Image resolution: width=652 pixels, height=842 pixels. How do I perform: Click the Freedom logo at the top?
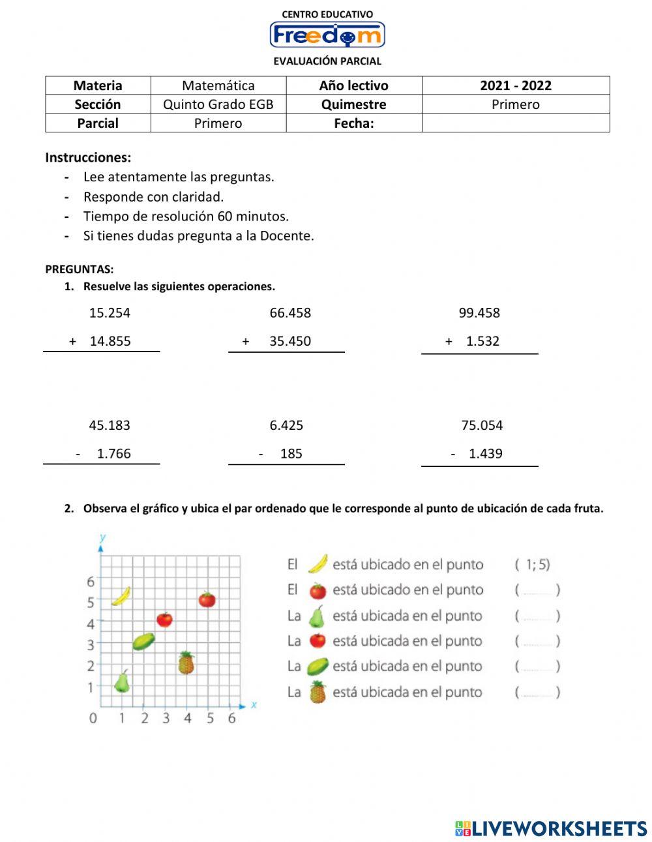point(327,35)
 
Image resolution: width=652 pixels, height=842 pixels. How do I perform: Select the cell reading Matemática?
point(218,85)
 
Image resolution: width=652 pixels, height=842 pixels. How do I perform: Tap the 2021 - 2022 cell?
point(515,85)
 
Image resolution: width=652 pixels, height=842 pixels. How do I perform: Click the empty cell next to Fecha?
point(515,123)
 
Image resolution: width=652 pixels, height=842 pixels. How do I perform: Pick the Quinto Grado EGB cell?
point(218,104)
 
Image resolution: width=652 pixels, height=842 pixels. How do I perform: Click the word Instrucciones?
point(88,157)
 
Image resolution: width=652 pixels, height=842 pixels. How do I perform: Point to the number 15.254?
point(110,313)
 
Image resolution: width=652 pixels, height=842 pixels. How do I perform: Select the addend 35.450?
point(290,341)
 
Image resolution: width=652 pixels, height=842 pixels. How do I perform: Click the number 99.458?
point(479,313)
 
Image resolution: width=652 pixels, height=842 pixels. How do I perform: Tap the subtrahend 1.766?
point(113,454)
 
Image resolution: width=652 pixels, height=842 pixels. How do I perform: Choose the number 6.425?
point(286,426)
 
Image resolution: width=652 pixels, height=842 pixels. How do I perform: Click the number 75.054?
point(482,426)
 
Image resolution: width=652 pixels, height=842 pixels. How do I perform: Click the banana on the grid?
point(121,596)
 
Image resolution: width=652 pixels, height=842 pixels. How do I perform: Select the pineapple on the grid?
point(186,663)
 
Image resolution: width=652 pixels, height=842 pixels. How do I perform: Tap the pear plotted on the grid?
point(122,681)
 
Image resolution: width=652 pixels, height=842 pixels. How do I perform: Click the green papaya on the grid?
point(143,642)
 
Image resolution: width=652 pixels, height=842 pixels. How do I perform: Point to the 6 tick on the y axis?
point(91,581)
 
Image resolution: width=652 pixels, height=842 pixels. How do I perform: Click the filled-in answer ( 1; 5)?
point(533,565)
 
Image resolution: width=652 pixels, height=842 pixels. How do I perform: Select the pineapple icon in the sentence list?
point(318,692)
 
